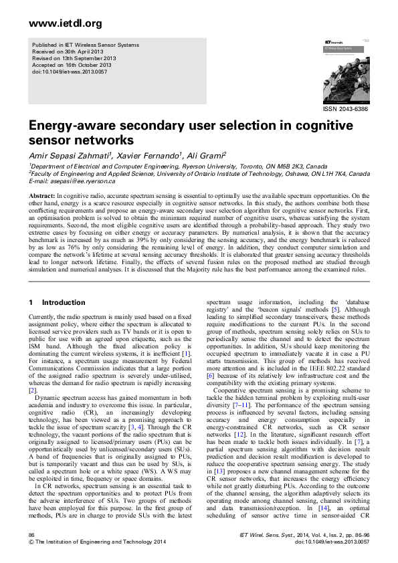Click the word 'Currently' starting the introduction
pos(42,316)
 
